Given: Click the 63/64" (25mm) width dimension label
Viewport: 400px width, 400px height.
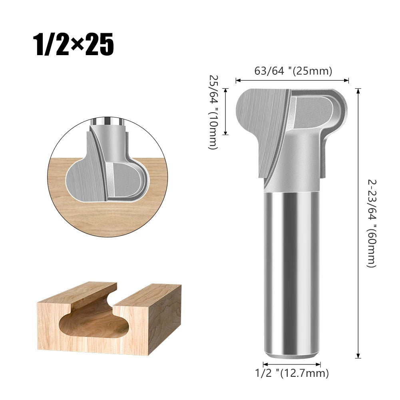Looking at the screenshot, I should [293, 71].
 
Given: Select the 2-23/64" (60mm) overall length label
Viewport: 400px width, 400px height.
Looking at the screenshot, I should [371, 223].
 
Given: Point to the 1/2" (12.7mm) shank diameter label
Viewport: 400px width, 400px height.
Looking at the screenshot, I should [292, 374].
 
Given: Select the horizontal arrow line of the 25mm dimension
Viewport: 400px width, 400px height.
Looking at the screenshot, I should [292, 81].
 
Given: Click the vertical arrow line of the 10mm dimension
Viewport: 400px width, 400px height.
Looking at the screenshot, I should [226, 112].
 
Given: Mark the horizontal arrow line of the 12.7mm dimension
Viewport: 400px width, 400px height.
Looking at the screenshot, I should [292, 364].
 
